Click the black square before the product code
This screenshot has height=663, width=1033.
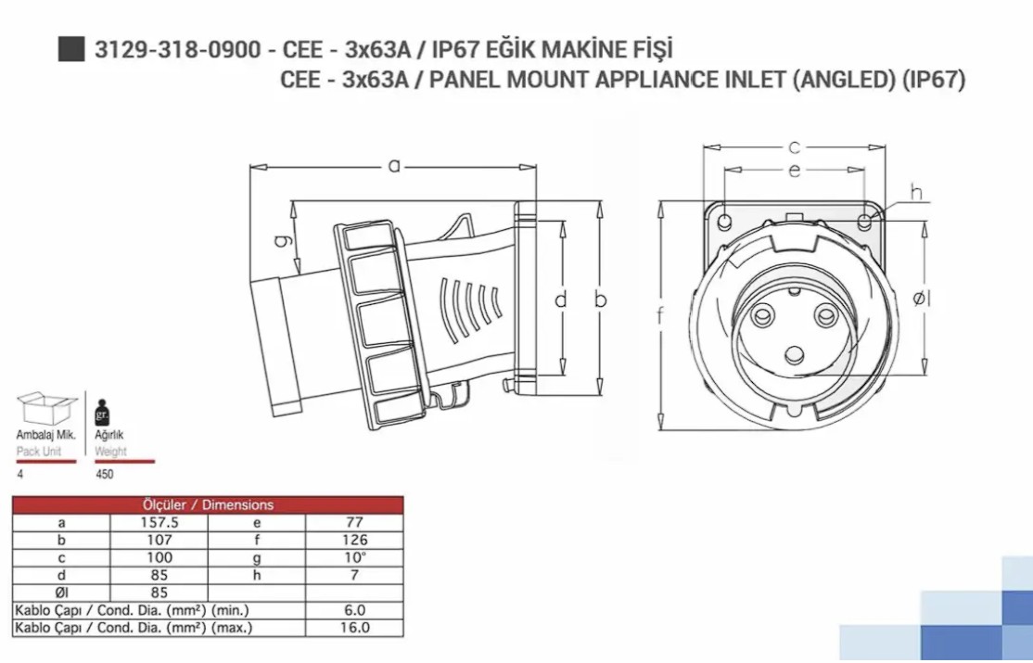pos(71,49)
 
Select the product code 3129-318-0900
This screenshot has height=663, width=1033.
pos(178,49)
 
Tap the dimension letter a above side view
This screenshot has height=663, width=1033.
pos(394,165)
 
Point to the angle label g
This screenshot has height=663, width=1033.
pos(282,240)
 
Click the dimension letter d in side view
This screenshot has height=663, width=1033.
pos(560,300)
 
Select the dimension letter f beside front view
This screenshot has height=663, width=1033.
pos(660,315)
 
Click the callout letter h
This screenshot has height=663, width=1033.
pos(916,193)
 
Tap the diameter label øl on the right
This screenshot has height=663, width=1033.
pos(921,299)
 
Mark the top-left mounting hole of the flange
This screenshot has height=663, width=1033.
pos(724,221)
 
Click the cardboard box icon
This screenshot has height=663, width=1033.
pos(46,408)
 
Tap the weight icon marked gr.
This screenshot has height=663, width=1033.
pos(102,413)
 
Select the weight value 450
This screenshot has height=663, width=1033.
pos(104,474)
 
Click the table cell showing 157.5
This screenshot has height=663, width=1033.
pos(159,523)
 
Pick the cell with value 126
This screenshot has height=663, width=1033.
pos(354,541)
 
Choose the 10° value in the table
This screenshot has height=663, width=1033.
pos(354,557)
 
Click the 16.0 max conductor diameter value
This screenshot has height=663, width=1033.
pos(354,628)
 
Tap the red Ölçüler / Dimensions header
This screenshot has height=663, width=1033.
pos(209,504)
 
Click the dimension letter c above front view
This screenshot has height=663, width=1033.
pos(795,147)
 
